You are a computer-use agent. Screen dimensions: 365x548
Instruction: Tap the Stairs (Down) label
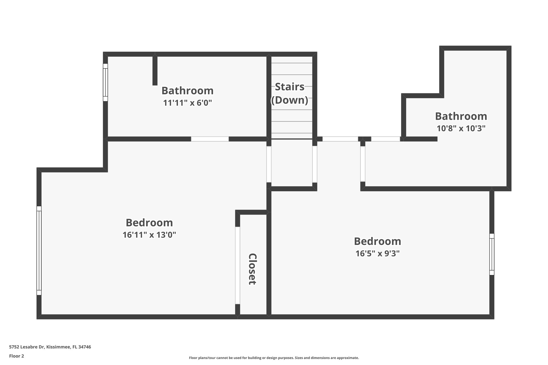(x=290, y=93)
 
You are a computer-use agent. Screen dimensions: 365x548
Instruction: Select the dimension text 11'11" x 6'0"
(x=187, y=103)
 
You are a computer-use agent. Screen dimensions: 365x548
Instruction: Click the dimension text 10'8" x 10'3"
(x=461, y=129)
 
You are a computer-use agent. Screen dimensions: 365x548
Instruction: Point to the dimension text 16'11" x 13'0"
(x=149, y=235)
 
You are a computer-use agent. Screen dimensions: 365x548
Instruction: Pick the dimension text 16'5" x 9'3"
(x=377, y=253)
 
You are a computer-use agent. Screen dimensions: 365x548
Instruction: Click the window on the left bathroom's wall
(x=105, y=82)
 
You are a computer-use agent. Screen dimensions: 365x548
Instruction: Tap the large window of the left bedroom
(x=39, y=251)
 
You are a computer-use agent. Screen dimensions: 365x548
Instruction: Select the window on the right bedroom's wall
(x=492, y=254)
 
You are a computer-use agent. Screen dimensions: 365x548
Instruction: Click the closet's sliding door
(x=237, y=265)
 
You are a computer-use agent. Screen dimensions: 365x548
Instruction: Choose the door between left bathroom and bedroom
(x=210, y=139)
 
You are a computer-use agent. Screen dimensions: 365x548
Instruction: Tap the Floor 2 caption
(x=17, y=356)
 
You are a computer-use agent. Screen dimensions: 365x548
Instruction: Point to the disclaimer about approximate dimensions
(x=274, y=358)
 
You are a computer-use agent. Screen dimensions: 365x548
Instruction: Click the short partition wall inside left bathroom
(x=155, y=70)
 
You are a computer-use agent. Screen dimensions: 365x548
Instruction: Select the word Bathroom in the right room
(x=461, y=116)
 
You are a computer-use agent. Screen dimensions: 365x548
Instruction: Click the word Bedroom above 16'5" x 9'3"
(x=377, y=241)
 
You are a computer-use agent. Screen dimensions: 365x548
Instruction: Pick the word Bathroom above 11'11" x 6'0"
(x=187, y=91)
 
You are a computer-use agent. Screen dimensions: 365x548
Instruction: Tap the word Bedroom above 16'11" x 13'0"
(x=149, y=223)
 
